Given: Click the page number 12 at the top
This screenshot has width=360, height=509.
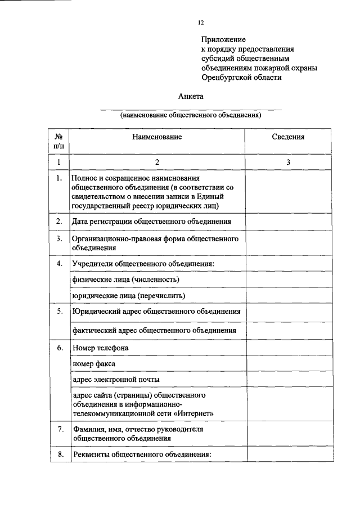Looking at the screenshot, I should (201, 23).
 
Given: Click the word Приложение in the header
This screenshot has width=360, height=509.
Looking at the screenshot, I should (224, 40).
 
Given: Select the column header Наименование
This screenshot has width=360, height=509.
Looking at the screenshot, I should (157, 137).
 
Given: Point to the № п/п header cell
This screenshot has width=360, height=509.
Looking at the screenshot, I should (58, 141).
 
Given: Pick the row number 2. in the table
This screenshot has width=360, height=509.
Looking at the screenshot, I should (58, 222).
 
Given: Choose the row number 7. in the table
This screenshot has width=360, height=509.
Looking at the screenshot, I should (58, 430).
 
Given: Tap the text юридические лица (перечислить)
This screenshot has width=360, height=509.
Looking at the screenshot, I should (129, 295).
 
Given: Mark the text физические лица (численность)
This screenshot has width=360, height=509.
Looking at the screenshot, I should (128, 280).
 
